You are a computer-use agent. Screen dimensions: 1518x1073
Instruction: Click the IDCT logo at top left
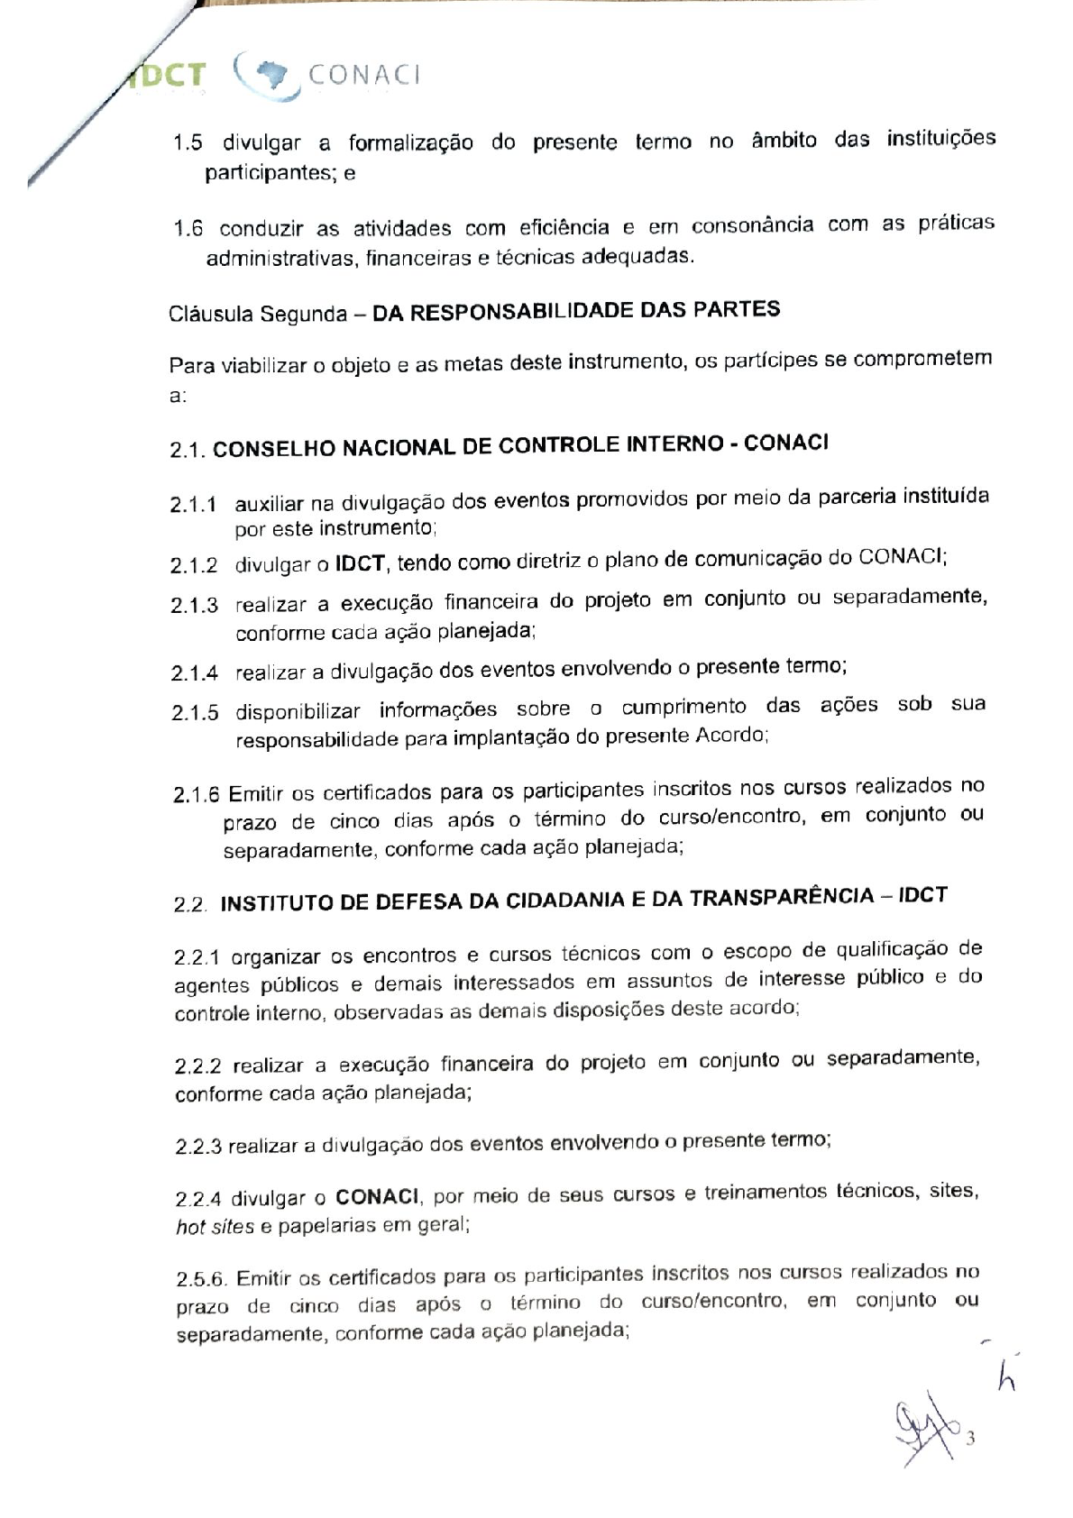click(x=167, y=76)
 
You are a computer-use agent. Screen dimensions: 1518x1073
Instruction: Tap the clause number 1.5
click(x=188, y=143)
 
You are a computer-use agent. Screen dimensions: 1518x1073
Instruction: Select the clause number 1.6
click(x=188, y=228)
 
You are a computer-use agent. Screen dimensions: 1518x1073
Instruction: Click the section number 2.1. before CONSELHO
click(x=188, y=450)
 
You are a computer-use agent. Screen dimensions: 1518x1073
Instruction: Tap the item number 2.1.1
click(x=194, y=504)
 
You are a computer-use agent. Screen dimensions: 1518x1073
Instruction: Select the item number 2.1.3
click(x=194, y=605)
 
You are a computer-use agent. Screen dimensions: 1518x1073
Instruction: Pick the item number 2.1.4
click(x=194, y=672)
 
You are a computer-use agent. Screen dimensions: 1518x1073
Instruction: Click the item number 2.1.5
click(x=195, y=713)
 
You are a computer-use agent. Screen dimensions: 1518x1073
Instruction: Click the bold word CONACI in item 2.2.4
click(x=377, y=1198)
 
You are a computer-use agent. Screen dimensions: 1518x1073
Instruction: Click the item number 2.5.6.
click(x=201, y=1279)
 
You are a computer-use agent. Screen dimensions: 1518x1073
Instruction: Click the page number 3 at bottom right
click(x=970, y=1439)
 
